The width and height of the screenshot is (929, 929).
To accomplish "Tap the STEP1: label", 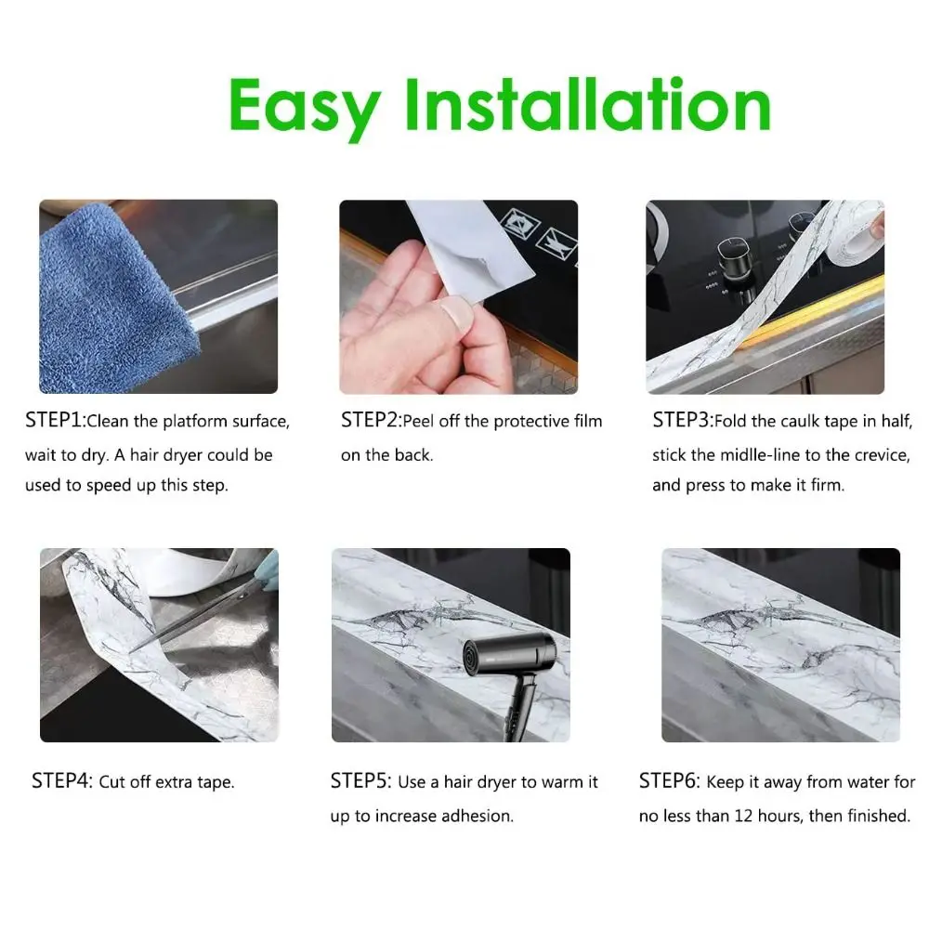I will pos(55,421).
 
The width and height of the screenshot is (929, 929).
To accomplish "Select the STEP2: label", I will pos(371,421).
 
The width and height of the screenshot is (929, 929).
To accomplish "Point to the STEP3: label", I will pos(683,421).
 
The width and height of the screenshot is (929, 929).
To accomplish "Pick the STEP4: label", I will pos(62,781).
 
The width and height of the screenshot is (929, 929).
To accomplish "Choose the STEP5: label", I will pos(360,781).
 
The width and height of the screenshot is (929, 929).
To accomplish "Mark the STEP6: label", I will pos(669,781).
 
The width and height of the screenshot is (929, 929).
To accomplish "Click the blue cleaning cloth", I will pos(102,297).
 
